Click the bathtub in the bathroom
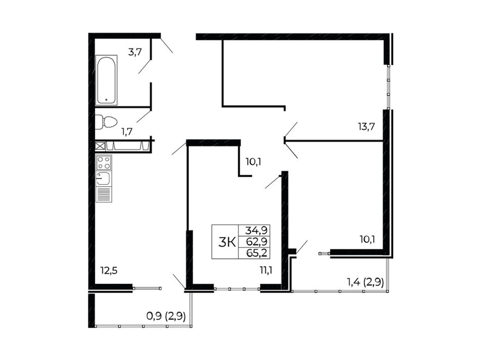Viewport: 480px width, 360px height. click(x=106, y=80)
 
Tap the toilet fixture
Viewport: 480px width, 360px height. click(x=106, y=122)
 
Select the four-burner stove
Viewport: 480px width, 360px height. click(x=104, y=163)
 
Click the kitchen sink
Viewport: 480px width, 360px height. click(x=104, y=178)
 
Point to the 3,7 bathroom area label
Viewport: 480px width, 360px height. click(x=135, y=52)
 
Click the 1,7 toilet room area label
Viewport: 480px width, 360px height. click(x=127, y=132)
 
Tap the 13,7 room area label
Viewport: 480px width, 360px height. click(x=366, y=126)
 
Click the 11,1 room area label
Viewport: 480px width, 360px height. click(x=266, y=270)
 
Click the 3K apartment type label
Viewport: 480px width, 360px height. click(x=227, y=243)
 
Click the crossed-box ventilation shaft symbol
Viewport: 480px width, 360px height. click(x=100, y=146)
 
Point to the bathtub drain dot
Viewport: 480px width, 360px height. click(x=106, y=99)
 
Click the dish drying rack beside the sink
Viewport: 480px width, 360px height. click(x=104, y=194)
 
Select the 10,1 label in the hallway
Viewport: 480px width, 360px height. click(x=253, y=162)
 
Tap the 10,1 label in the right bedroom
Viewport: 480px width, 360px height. click(x=367, y=239)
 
